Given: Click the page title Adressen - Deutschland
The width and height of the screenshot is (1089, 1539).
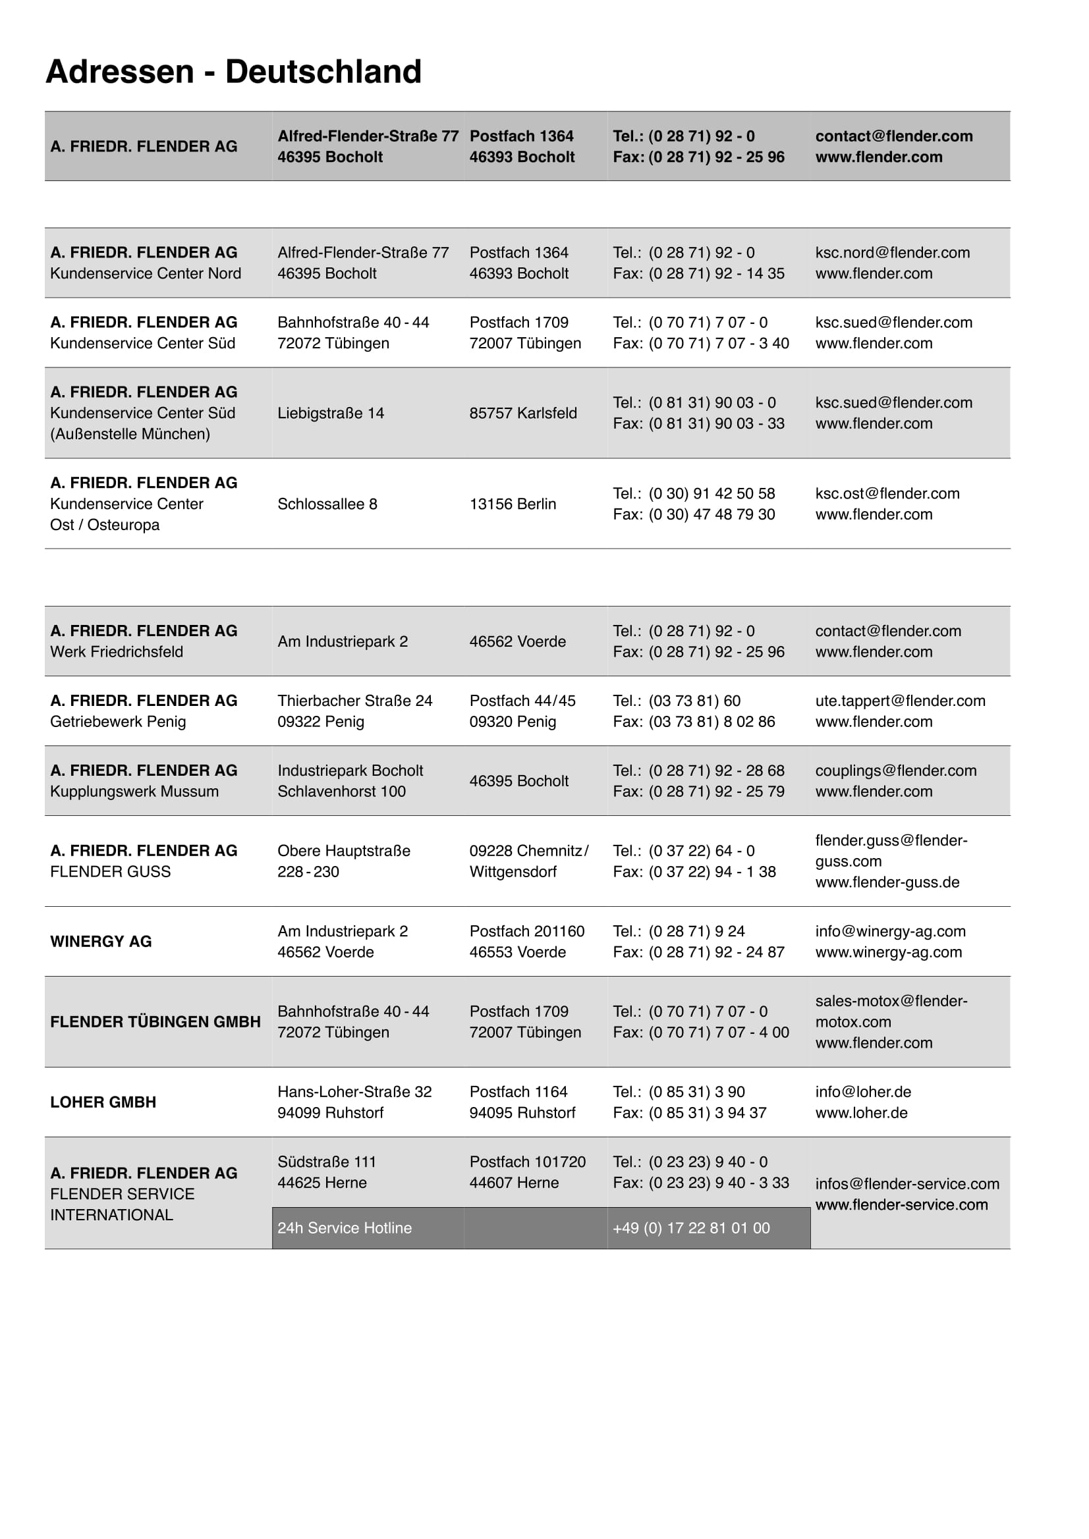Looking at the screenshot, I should [233, 72].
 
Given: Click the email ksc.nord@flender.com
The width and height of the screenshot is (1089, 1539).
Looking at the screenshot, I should [892, 253].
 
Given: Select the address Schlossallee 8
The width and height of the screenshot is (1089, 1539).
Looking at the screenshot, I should [327, 504].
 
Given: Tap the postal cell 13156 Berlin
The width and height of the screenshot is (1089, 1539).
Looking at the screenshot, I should [513, 504].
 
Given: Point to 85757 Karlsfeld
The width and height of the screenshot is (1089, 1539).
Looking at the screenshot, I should [522, 413].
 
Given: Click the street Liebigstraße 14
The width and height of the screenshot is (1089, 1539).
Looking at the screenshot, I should [331, 413].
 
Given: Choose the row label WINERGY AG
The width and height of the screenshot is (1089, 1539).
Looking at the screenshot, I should [101, 941].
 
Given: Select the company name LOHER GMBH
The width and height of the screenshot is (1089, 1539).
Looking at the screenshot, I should [103, 1102].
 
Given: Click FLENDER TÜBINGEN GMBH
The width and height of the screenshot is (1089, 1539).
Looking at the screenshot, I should [155, 1021].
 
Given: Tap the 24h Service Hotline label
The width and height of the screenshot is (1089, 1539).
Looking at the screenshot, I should [344, 1228].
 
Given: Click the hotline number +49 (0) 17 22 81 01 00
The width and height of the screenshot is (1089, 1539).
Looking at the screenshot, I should [690, 1228].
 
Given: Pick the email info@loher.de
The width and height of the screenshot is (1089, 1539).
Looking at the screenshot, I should [863, 1091].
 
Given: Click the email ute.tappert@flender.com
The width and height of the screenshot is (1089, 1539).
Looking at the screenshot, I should [900, 701].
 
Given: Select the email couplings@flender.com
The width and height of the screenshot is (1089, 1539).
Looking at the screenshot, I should [895, 770].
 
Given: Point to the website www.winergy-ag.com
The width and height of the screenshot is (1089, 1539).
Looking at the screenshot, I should [888, 952].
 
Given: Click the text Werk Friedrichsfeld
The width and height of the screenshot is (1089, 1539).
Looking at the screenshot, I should [116, 651].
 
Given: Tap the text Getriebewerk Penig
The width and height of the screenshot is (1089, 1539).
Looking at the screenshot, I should [117, 721].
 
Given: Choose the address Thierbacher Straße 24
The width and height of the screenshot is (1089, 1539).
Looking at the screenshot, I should [354, 701].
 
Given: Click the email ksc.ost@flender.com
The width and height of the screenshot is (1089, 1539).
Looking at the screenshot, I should [887, 493].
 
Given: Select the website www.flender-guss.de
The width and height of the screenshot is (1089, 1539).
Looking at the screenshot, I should [887, 882].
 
